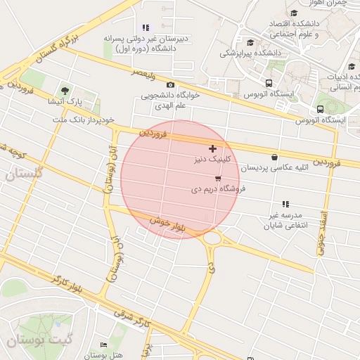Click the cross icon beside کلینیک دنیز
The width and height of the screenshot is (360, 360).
(x=212, y=149)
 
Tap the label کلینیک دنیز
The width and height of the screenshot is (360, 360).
(x=212, y=160)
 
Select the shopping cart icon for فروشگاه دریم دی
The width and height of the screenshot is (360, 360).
(x=218, y=178)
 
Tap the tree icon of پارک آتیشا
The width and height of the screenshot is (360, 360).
(x=65, y=91)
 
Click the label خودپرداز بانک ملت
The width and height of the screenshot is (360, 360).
(x=83, y=120)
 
